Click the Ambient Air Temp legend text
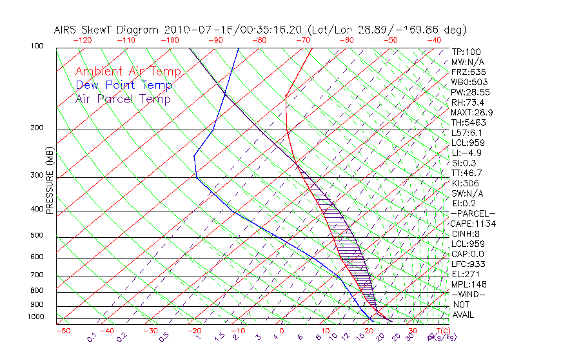pyautogui.click(x=128, y=72)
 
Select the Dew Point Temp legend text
pyautogui.click(x=124, y=85)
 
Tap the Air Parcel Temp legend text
pyautogui.click(x=123, y=99)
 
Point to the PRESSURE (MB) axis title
pyautogui.click(x=50, y=182)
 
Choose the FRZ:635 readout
pyautogui.click(x=466, y=72)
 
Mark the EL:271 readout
pyautogui.click(x=464, y=274)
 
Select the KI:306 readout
pyautogui.click(x=464, y=183)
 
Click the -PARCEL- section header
pyautogui.click(x=473, y=213)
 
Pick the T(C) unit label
pyautogui.click(x=442, y=331)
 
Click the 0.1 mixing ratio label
pyautogui.click(x=92, y=337)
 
